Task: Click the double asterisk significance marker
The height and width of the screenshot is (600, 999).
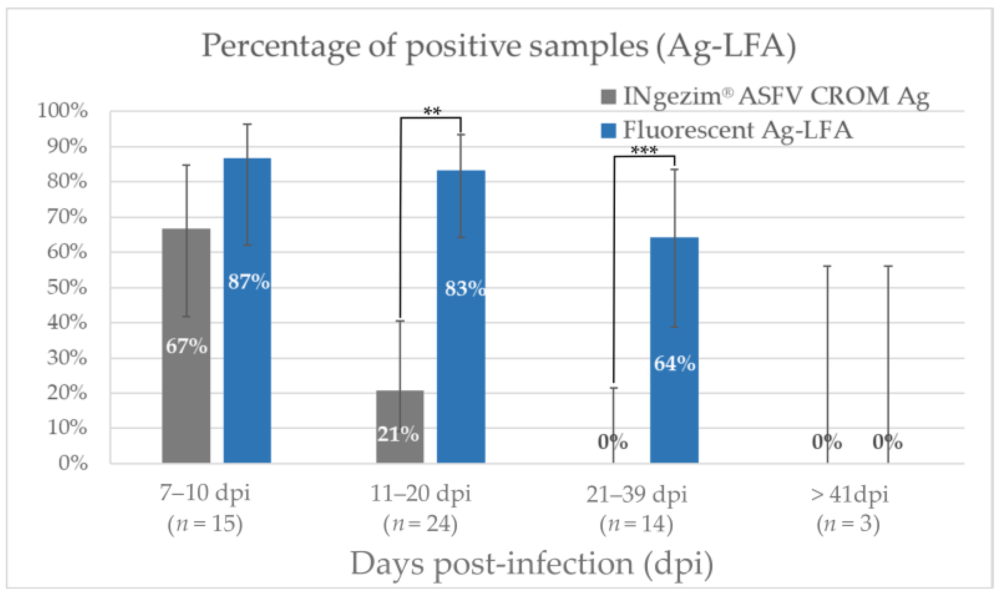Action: click(x=432, y=112)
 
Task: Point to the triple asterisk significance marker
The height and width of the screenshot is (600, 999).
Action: click(x=644, y=150)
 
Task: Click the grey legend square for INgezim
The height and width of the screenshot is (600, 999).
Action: click(x=608, y=96)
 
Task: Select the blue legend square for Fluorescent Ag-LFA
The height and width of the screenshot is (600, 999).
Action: click(x=608, y=130)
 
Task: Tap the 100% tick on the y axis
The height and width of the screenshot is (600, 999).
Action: click(x=63, y=111)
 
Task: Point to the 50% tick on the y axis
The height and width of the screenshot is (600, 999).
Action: click(x=67, y=287)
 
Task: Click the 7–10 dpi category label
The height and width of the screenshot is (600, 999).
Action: click(x=205, y=493)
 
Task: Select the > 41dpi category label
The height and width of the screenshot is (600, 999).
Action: click(x=849, y=494)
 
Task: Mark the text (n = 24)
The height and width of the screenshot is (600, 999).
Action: click(x=420, y=524)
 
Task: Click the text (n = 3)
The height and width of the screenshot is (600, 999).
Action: click(x=848, y=524)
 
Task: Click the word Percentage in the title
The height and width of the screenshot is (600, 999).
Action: click(x=281, y=47)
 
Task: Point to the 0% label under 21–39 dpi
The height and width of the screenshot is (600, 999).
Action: click(x=613, y=442)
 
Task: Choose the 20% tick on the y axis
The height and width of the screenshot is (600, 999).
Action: click(x=67, y=393)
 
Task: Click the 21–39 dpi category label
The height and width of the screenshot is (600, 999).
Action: click(x=637, y=494)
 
